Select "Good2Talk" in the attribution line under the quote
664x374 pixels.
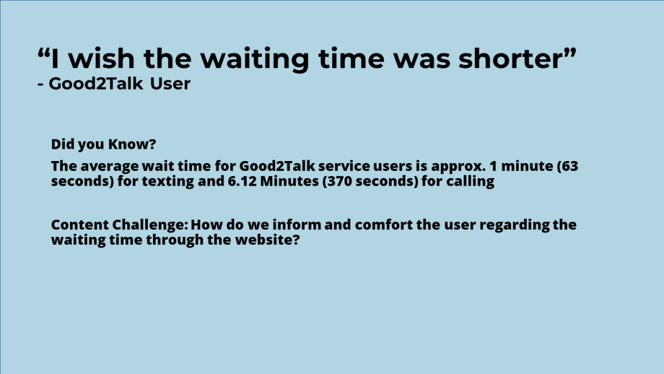coord(96,84)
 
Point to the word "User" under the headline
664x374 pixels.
coord(171,84)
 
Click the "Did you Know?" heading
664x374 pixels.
coord(103,144)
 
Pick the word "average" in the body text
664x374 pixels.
coord(110,166)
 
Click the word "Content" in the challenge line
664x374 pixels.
coord(79,224)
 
